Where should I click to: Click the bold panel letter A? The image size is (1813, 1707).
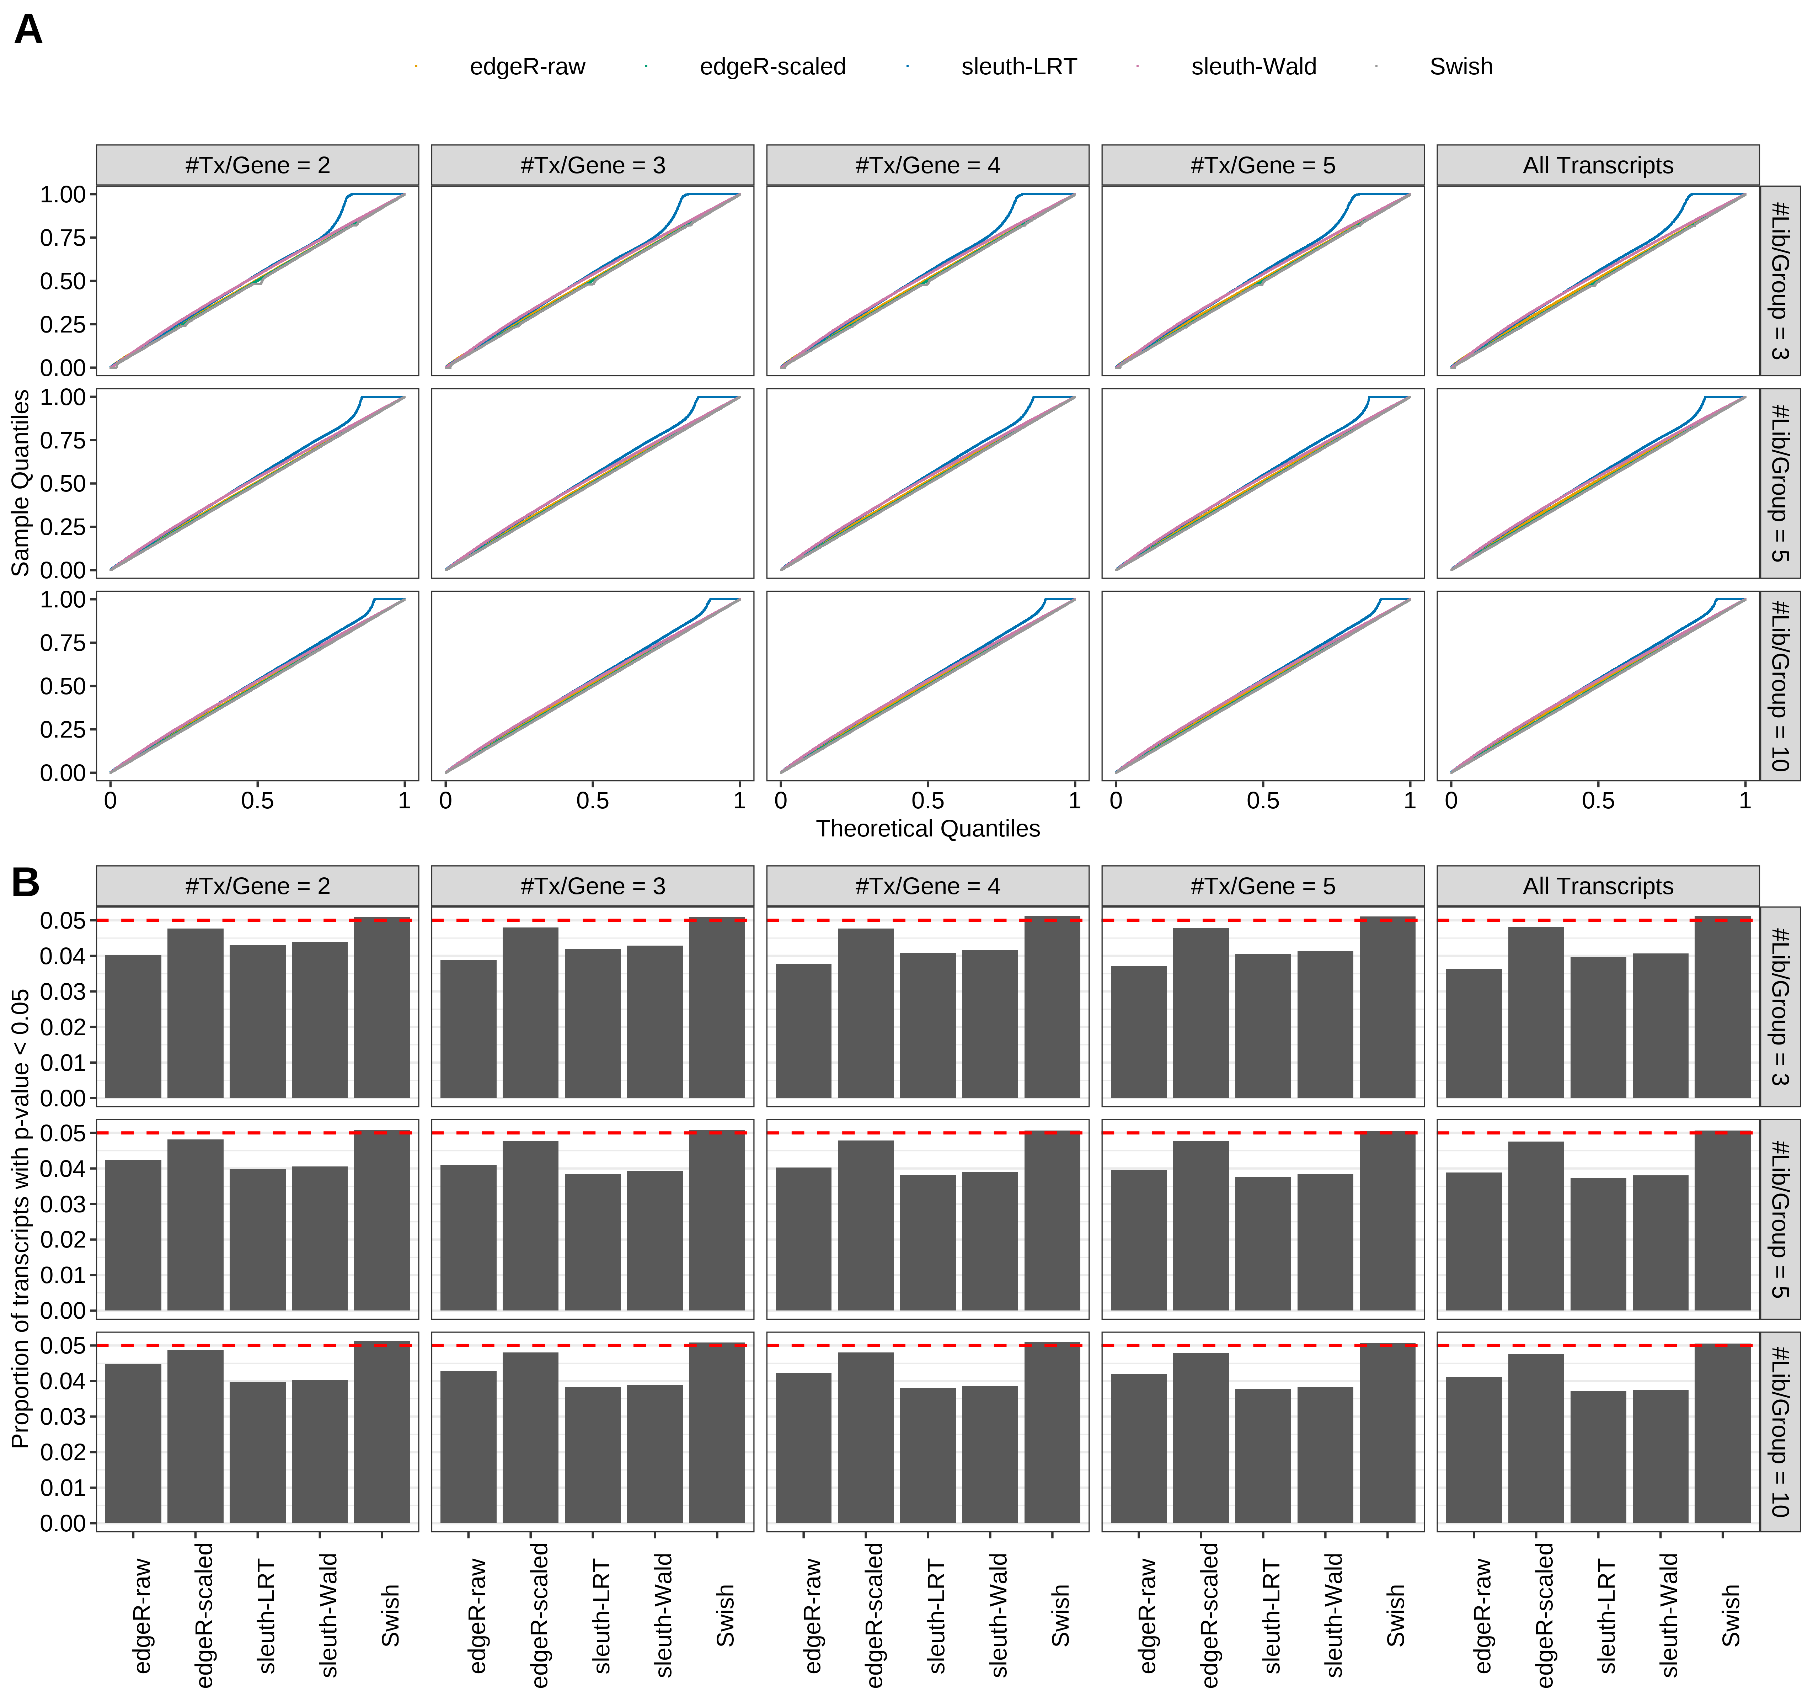click(x=28, y=30)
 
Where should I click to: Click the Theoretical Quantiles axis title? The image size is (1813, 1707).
click(x=927, y=828)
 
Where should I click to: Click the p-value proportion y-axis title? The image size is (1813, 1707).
click(x=20, y=1218)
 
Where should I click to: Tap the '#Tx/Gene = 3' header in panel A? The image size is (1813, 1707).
click(x=593, y=165)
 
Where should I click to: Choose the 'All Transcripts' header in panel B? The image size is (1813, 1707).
click(x=1598, y=886)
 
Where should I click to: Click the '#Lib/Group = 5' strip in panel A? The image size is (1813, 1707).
click(x=1779, y=484)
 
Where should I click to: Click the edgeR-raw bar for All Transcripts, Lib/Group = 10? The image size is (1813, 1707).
click(x=1474, y=1451)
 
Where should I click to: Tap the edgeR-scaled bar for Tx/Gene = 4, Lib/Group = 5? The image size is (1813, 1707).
click(x=866, y=1225)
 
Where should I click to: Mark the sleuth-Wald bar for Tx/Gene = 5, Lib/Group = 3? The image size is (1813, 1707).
click(x=1325, y=1025)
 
